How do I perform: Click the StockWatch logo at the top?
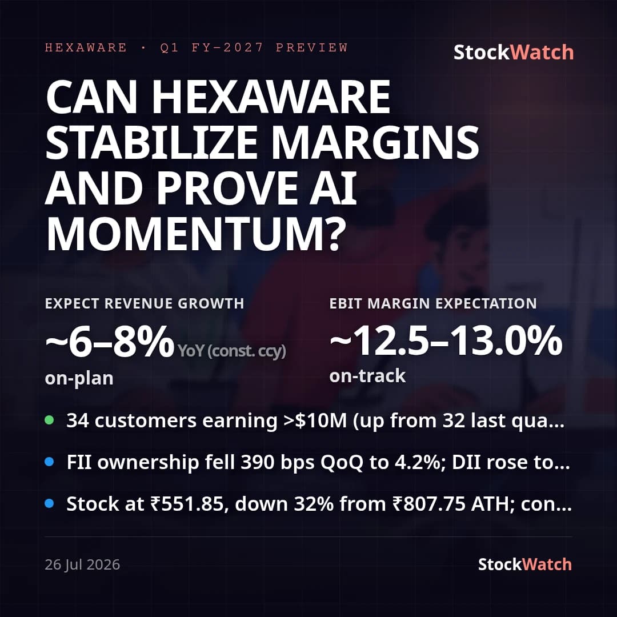coord(514,53)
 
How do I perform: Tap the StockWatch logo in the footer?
coord(524,564)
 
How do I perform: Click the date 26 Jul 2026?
coord(82,564)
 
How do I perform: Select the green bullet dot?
coord(49,420)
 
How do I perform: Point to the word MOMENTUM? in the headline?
coord(194,233)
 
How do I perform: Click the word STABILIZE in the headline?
coord(151,142)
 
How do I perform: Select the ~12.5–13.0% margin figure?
coord(446,340)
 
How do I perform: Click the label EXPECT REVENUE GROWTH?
coord(145,303)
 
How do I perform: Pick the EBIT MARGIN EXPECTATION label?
coord(433,303)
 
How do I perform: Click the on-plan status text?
coord(79,378)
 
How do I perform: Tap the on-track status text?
coord(367,376)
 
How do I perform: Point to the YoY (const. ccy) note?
coord(232,351)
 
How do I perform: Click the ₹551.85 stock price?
coord(187,504)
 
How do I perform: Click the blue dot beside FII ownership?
coord(49,462)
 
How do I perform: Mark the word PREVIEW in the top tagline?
coord(312,47)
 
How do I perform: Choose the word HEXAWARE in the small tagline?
coord(86,47)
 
